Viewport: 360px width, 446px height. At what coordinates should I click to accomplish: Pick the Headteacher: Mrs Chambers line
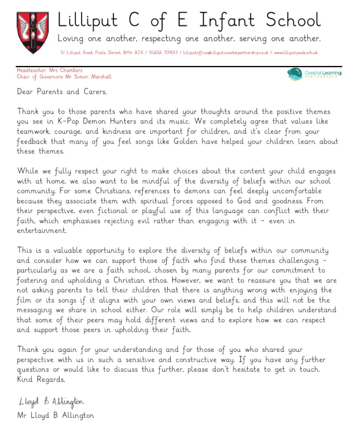pos(42,71)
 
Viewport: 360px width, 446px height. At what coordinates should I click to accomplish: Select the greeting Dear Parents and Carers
pos(62,91)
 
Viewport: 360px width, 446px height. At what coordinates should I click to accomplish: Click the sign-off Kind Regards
pos(41,380)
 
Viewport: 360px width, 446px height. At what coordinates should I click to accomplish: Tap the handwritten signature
pos(51,401)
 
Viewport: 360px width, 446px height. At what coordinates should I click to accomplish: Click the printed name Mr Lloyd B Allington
pos(56,415)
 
